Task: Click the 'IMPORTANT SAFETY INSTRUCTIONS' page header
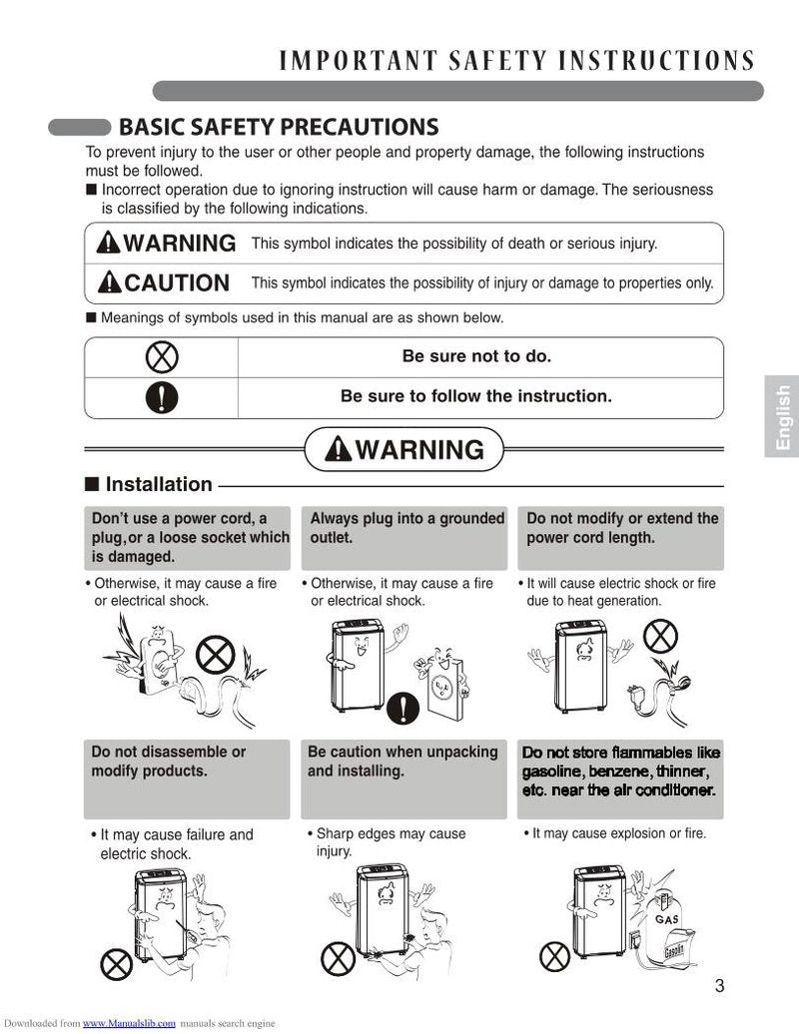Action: point(516,61)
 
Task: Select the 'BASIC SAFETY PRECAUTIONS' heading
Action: point(278,127)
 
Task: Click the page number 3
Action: point(719,987)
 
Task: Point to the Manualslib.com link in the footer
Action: point(129,1023)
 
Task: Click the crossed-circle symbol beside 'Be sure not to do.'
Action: point(162,356)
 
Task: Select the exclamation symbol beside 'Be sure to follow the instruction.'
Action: point(162,397)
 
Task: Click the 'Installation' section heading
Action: point(159,484)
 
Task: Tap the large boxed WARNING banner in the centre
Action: point(403,450)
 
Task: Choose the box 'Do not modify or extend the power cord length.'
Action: point(621,538)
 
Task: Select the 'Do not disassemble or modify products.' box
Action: point(186,778)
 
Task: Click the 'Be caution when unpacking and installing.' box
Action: point(403,778)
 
